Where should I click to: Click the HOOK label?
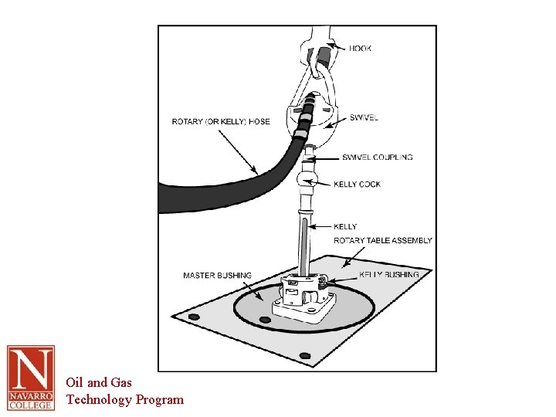point(360,49)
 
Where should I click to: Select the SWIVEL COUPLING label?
point(377,158)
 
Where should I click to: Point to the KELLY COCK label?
point(357,185)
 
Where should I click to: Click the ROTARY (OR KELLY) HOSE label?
point(220,121)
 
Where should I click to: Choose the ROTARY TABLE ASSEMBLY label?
point(383,241)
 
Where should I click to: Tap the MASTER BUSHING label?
point(217,276)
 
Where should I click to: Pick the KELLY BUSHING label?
point(389,275)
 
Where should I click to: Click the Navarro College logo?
point(31,378)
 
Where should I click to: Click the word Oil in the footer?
point(75,382)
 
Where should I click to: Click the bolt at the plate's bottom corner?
point(305,356)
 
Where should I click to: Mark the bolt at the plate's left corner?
point(194,317)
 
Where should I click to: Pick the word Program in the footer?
point(160,399)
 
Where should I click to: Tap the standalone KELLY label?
point(345,226)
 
